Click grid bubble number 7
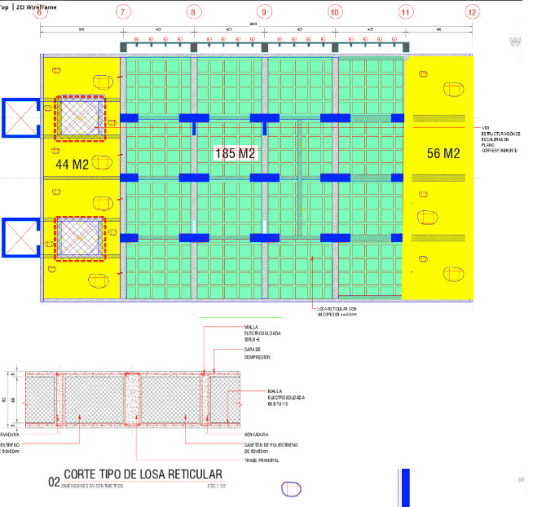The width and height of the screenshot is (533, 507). point(122,12)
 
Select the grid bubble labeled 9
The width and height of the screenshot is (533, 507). point(264,12)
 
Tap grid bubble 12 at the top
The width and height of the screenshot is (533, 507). point(471,12)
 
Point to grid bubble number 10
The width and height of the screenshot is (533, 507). point(334,12)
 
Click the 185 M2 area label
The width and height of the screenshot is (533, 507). point(236,152)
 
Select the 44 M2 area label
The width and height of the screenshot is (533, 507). point(72,164)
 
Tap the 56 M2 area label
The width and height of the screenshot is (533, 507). point(443,152)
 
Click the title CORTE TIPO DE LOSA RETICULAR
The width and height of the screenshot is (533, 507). point(143,475)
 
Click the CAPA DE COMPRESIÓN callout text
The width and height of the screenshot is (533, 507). point(258,353)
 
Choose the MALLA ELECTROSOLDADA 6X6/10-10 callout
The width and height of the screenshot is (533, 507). point(286,397)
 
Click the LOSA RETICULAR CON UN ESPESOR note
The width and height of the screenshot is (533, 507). point(336,312)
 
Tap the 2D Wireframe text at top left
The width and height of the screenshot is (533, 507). point(37,6)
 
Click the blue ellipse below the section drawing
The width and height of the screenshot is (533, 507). point(290,489)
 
